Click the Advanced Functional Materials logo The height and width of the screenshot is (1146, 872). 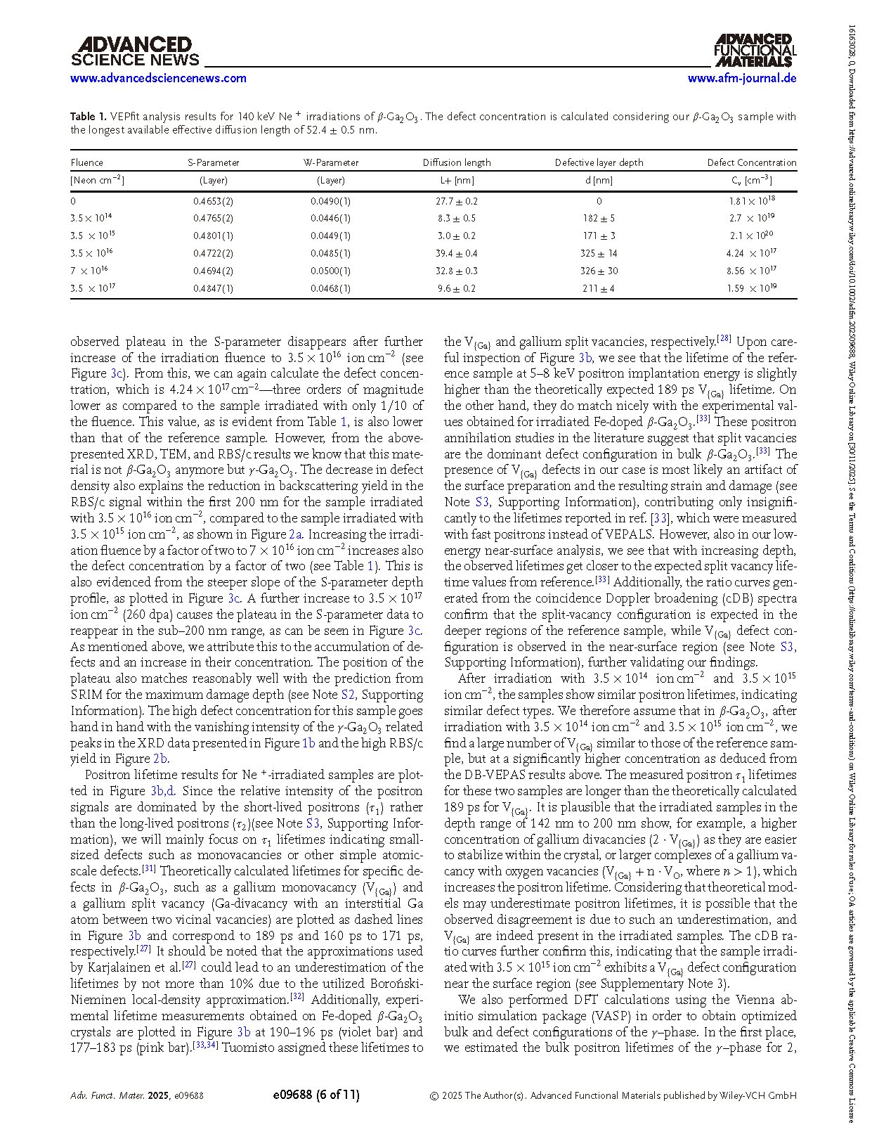click(x=755, y=51)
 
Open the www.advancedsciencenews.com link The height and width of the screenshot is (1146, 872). click(x=158, y=78)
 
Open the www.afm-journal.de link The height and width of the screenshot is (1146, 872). click(x=742, y=78)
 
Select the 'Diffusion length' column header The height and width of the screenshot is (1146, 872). click(x=457, y=162)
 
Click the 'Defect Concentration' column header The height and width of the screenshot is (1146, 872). click(x=751, y=162)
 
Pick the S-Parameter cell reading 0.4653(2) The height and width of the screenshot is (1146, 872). click(x=213, y=201)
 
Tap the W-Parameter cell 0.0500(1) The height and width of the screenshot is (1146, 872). click(x=330, y=271)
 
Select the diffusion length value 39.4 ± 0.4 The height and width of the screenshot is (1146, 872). click(x=457, y=253)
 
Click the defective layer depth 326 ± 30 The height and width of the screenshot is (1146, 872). click(x=599, y=271)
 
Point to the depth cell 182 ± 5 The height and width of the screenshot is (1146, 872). click(x=599, y=219)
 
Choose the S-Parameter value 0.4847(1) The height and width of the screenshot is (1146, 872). click(x=213, y=288)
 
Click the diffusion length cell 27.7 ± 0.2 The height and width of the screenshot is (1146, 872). click(x=457, y=201)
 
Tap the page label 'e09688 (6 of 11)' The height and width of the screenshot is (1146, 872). click(x=315, y=1095)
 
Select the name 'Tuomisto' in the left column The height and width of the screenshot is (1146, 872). click(x=247, y=1048)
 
